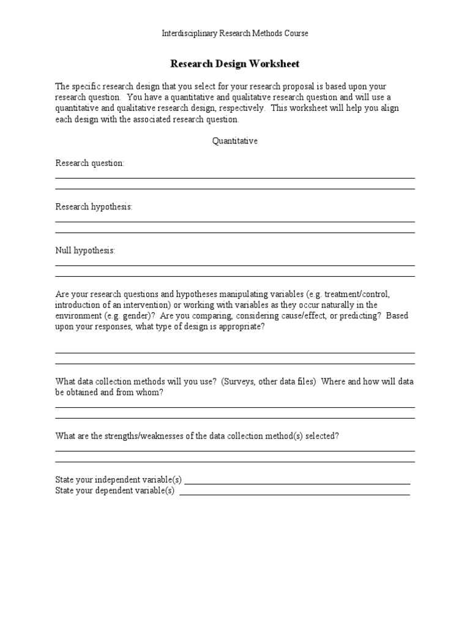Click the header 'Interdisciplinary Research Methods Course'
[235, 34]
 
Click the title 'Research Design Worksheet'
[234, 64]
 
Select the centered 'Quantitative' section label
[235, 141]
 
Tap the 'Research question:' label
[89, 163]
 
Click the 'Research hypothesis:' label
[94, 207]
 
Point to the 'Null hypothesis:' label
[85, 250]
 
